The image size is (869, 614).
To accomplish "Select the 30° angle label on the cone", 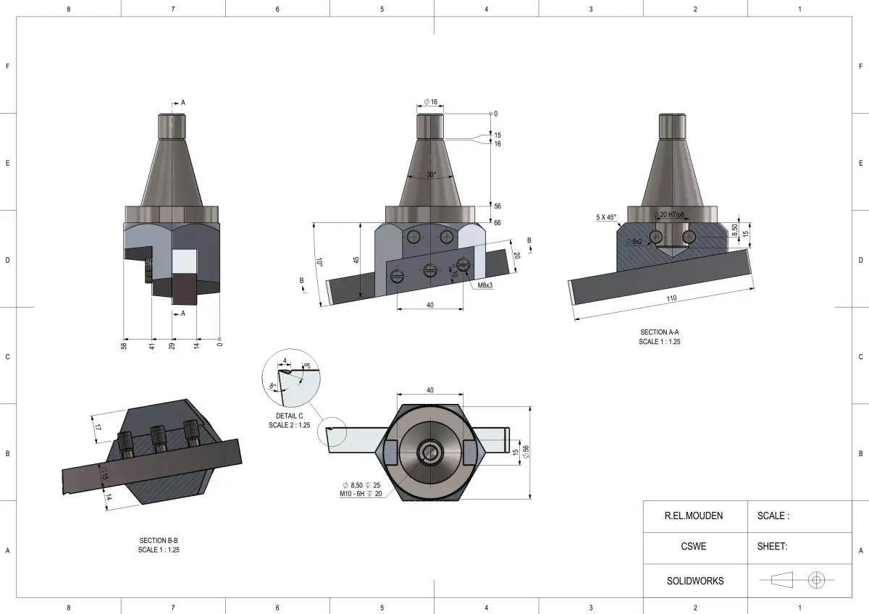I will point(432,174).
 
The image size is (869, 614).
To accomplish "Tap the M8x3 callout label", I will point(485,285).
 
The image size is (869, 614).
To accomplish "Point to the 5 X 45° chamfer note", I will point(605,217).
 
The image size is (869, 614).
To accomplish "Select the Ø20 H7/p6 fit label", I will point(669,215).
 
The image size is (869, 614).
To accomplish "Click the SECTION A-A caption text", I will point(659,332).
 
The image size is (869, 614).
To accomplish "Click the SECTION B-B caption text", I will point(159,541).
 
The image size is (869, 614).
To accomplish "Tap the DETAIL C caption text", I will point(289,416).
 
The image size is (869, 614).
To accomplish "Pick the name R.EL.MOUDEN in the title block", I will point(694,516).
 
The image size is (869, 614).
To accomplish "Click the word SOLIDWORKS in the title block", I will point(694,581).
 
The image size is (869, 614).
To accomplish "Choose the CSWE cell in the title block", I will point(694,547).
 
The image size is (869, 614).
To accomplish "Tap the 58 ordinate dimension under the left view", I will point(124,346).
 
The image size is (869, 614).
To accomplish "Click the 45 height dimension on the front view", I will point(356,259).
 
